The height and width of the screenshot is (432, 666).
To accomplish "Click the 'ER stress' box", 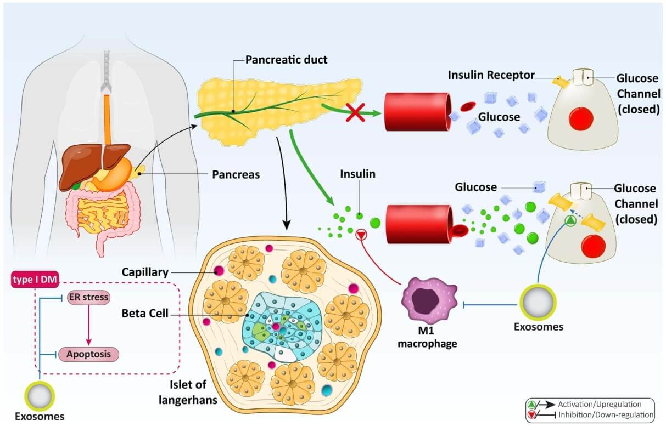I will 88,298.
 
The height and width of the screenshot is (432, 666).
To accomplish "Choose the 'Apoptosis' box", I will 88,354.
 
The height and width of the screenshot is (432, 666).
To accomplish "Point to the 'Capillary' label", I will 145,271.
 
